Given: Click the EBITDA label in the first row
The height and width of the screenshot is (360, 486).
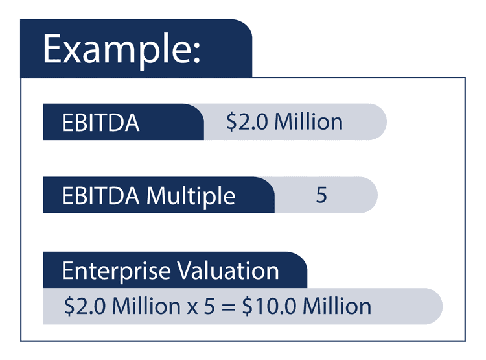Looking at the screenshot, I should point(100,123).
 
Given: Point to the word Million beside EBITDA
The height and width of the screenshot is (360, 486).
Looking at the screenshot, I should point(308,122).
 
